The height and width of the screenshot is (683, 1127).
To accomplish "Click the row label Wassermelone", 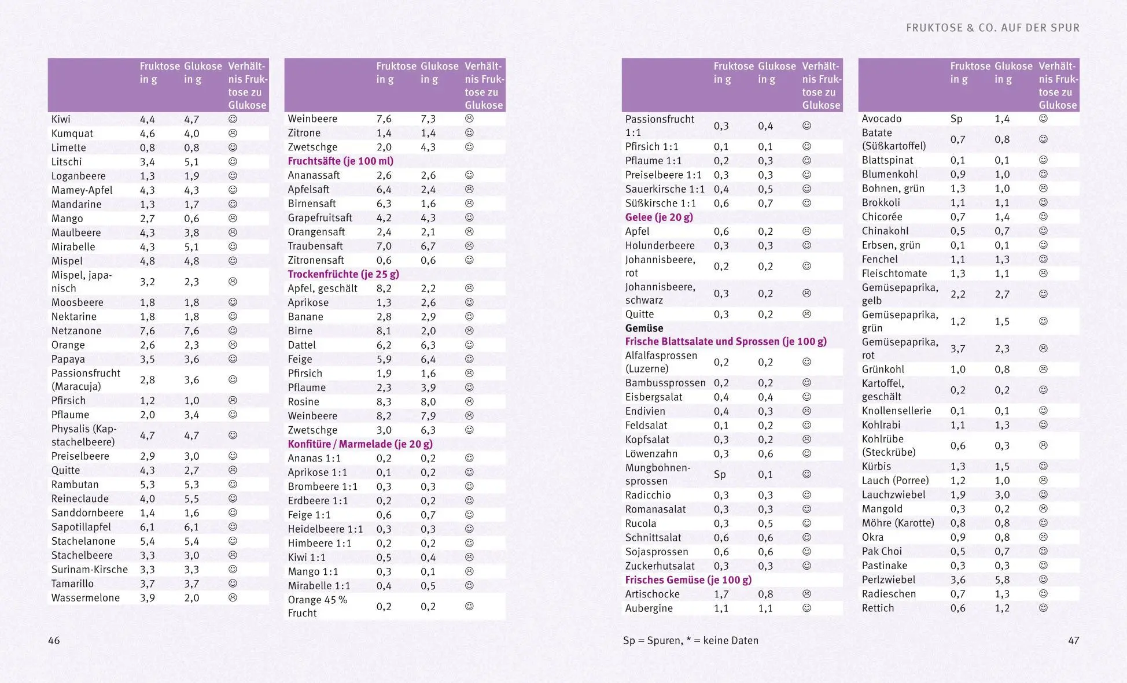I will pyautogui.click(x=86, y=598).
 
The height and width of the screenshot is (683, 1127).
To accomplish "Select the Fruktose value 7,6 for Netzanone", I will pyautogui.click(x=148, y=331).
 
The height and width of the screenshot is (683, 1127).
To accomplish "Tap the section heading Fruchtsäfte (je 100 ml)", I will pyautogui.click(x=340, y=161).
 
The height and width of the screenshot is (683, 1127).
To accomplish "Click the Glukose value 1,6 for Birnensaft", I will pyautogui.click(x=428, y=204).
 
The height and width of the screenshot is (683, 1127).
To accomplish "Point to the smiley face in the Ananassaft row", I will pyautogui.click(x=469, y=175).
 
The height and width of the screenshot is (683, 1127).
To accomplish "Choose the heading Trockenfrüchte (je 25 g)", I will pyautogui.click(x=343, y=274).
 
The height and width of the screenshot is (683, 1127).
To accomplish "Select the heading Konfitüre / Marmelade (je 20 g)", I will pyautogui.click(x=360, y=444).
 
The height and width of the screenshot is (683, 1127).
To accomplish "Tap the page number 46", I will pyautogui.click(x=54, y=640).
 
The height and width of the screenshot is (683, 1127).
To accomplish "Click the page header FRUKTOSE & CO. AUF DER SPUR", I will pyautogui.click(x=993, y=28).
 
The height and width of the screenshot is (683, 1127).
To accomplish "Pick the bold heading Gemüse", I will pyautogui.click(x=644, y=328).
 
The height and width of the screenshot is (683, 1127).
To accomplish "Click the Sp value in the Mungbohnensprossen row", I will pyautogui.click(x=720, y=474).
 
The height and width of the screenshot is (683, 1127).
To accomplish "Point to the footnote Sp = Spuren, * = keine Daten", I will pyautogui.click(x=691, y=640).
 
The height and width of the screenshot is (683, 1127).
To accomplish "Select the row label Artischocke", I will pyautogui.click(x=652, y=594).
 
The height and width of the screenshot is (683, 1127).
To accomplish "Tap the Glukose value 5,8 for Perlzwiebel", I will pyautogui.click(x=1002, y=579).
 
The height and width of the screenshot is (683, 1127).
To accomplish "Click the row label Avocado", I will pyautogui.click(x=882, y=119).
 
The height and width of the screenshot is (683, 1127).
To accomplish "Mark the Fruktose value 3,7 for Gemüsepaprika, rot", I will pyautogui.click(x=957, y=349).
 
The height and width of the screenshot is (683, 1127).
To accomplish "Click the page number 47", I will pyautogui.click(x=1073, y=640).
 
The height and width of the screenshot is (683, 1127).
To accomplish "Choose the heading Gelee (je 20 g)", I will pyautogui.click(x=659, y=217).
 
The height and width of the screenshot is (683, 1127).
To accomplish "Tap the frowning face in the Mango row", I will pyautogui.click(x=233, y=219).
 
